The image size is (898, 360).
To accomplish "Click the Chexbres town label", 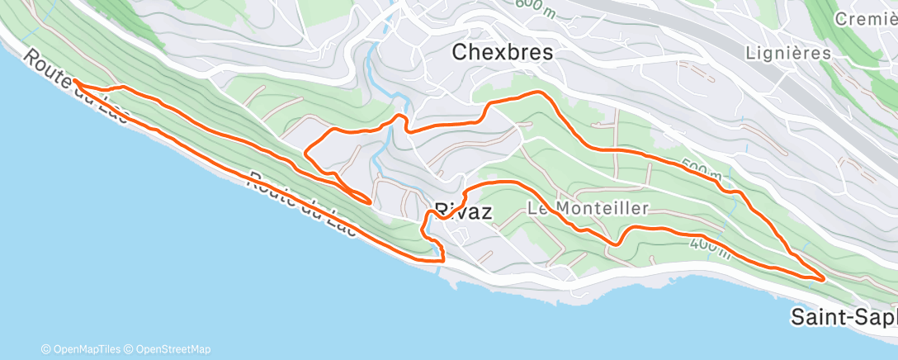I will (x=502, y=52).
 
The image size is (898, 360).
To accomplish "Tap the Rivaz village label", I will (x=463, y=211).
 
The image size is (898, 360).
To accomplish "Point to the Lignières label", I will (x=787, y=53).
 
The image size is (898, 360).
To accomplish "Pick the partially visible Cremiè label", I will (x=866, y=18).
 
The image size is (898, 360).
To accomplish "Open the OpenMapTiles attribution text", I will (x=82, y=349).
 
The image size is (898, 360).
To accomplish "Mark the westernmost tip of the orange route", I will (x=73, y=81).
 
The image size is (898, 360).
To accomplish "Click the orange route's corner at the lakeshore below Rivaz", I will (x=443, y=260).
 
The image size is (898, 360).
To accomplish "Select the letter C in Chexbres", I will (x=460, y=52).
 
